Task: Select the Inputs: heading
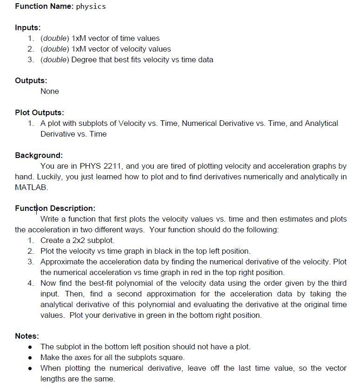(27, 28)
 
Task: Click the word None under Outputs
(50, 91)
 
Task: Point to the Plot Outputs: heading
(39, 112)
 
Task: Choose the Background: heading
(39, 155)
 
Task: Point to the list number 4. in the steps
(31, 283)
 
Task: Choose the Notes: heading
(27, 336)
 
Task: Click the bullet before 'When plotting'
(30, 368)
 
